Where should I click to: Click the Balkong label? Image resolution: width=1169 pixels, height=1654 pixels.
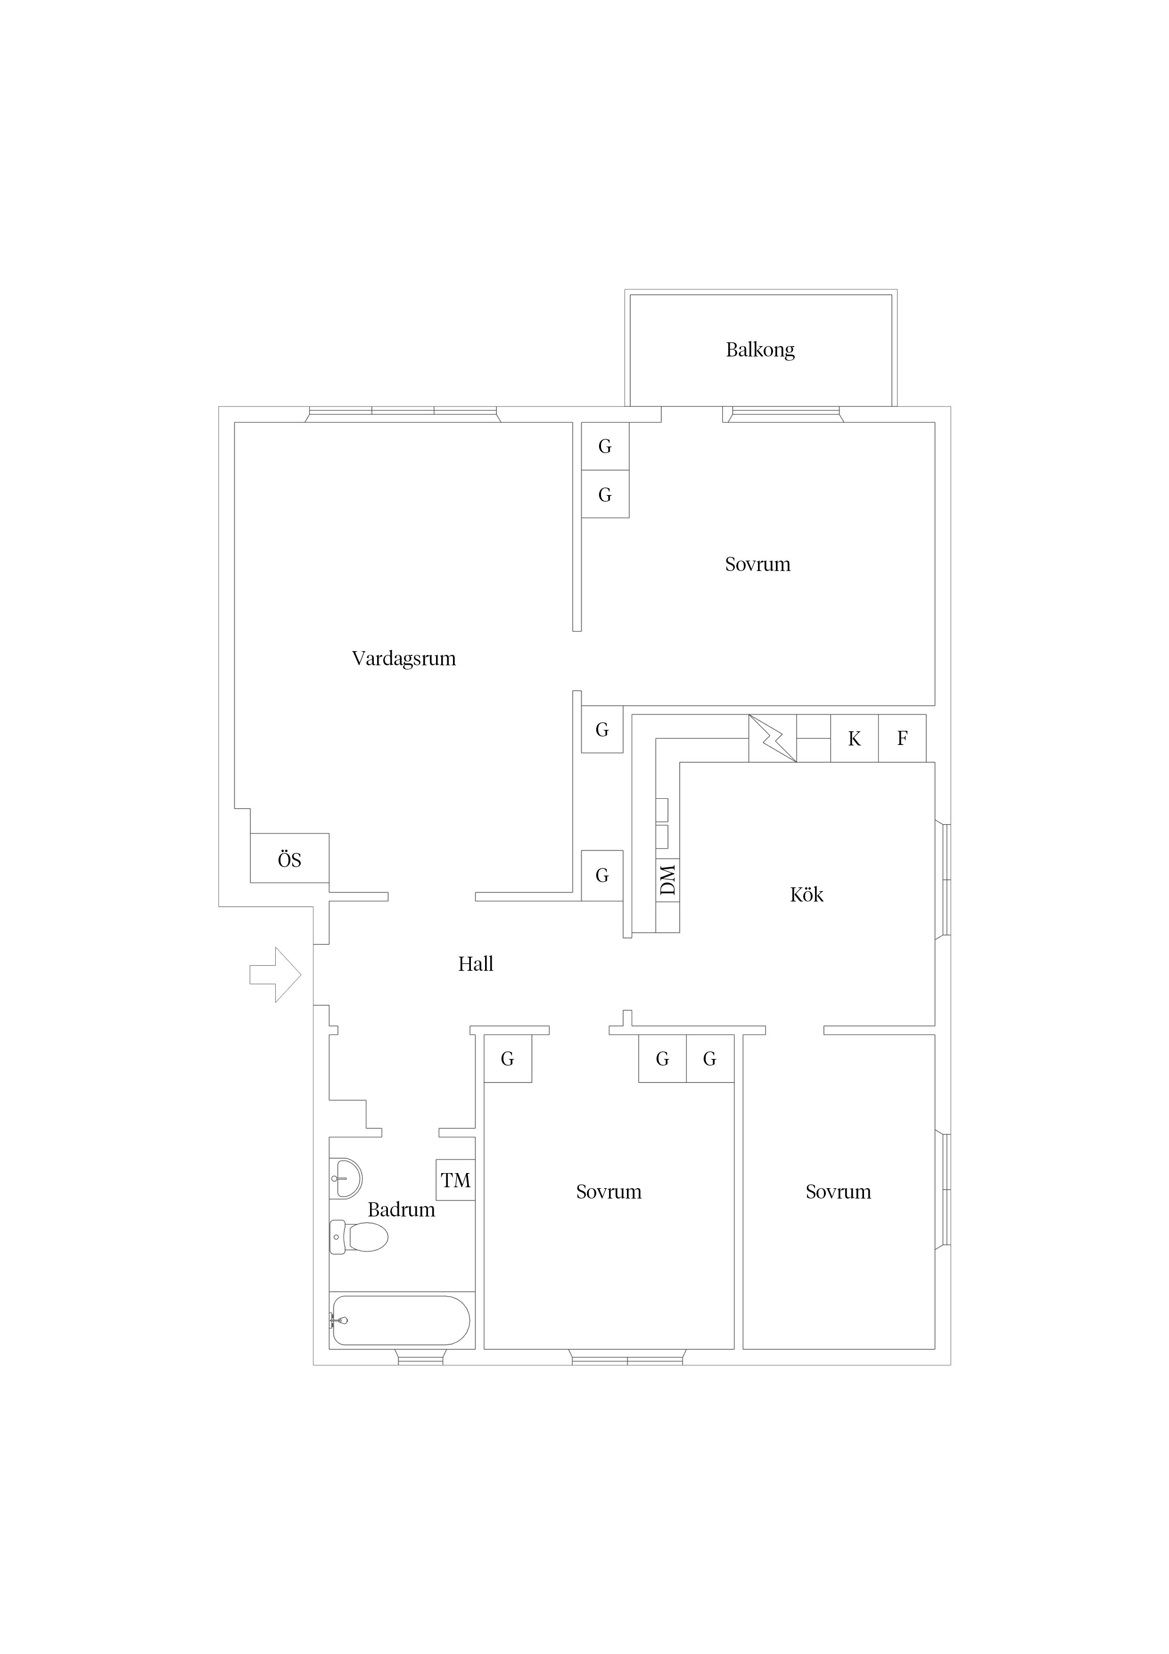point(760,350)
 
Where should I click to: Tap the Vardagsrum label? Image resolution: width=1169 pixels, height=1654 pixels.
point(403,658)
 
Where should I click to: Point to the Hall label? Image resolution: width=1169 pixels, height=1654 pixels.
point(476,964)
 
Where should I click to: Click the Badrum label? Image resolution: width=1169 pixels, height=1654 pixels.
point(401,1209)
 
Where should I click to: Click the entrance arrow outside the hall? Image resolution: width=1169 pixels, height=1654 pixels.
point(275,975)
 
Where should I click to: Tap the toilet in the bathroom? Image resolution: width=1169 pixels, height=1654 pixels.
point(359,1237)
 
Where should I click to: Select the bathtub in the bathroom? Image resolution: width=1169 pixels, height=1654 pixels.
point(400,1321)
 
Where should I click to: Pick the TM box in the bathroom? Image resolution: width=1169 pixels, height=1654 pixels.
point(455,1180)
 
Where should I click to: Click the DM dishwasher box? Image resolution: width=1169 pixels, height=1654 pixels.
point(667,880)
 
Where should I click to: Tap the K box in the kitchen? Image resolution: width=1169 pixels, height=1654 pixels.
point(854,738)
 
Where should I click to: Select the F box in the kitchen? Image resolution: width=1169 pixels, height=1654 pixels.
point(902,738)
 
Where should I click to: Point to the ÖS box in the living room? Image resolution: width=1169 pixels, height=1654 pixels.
point(289,858)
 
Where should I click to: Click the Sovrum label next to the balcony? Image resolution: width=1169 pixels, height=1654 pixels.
point(757,564)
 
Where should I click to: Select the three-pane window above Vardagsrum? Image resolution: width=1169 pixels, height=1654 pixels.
point(403,414)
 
